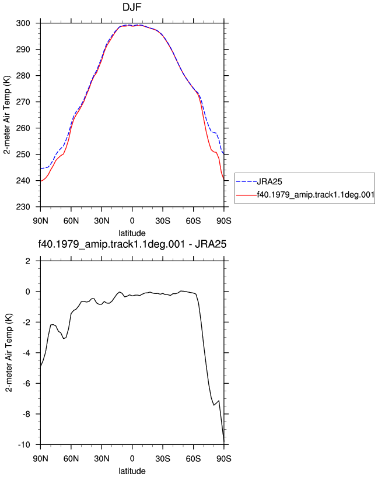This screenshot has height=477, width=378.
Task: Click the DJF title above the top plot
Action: (x=132, y=6)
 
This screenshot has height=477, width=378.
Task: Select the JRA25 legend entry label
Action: (x=269, y=181)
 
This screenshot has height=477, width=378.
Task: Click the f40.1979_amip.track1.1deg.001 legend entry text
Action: (x=316, y=195)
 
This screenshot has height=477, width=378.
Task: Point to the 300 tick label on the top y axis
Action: (x=23, y=23)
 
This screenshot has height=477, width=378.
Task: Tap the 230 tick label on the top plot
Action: (x=23, y=207)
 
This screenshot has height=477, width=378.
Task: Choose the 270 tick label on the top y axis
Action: (x=23, y=102)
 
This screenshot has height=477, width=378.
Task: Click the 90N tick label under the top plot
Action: (x=40, y=221)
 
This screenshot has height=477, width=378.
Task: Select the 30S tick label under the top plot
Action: (x=163, y=221)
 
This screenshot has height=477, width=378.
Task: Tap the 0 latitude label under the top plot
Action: (x=132, y=221)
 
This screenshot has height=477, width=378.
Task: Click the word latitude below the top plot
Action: (x=132, y=233)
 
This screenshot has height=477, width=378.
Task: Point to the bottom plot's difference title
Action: (x=132, y=244)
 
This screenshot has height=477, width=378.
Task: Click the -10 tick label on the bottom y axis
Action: (x=24, y=445)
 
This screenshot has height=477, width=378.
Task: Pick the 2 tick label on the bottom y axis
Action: (x=28, y=261)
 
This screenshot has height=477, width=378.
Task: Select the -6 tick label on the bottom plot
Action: (x=26, y=384)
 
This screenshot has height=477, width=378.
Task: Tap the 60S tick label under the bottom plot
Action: (x=193, y=459)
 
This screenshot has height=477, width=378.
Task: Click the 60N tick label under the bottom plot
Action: (x=71, y=459)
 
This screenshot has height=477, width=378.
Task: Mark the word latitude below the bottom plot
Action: (x=132, y=471)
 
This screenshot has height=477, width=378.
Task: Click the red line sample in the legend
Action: (x=247, y=195)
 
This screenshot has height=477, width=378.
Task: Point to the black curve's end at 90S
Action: (x=224, y=441)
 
